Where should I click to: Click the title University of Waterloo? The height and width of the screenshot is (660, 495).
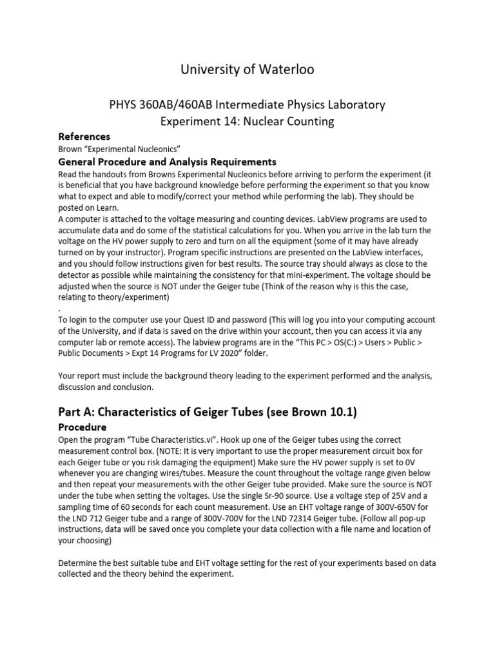click(x=247, y=69)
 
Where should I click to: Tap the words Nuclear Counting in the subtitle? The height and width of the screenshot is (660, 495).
click(x=298, y=121)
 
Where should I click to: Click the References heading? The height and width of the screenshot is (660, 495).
click(x=84, y=137)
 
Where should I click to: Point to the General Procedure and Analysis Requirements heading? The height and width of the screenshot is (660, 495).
click(x=168, y=161)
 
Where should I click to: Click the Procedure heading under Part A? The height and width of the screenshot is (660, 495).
click(x=82, y=427)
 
